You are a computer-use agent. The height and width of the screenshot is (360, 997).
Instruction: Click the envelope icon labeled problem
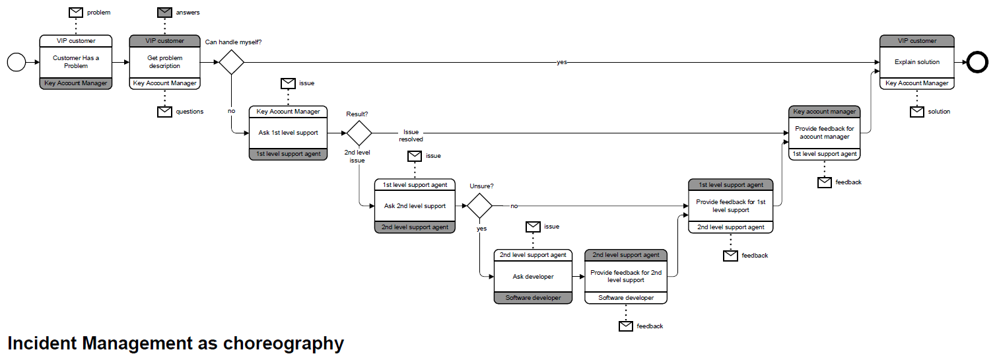coord(76,13)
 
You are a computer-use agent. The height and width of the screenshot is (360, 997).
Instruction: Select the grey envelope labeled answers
coord(164,13)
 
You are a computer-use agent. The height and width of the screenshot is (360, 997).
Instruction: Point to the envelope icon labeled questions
coord(164,112)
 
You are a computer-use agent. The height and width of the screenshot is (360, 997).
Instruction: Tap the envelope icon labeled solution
coord(917,112)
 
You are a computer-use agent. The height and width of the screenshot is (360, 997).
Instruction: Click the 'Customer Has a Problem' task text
coord(76,62)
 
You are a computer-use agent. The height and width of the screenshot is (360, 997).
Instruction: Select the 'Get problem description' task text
coord(164,62)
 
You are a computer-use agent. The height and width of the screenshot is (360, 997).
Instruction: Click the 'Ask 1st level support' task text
coord(288,133)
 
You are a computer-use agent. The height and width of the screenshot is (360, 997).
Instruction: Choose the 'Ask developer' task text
coord(533,277)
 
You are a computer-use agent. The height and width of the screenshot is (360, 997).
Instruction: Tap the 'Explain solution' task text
coord(917,62)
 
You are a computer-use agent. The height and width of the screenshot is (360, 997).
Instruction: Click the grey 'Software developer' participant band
coord(533,298)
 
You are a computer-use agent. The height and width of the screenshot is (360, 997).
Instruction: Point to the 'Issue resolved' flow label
coord(411,135)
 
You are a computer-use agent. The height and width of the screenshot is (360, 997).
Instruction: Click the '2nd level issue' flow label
coord(357,157)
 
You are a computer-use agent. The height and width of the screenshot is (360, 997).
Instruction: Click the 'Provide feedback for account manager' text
coord(824,133)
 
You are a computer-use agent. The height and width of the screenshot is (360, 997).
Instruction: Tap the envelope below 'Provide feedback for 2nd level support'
coord(626,326)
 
